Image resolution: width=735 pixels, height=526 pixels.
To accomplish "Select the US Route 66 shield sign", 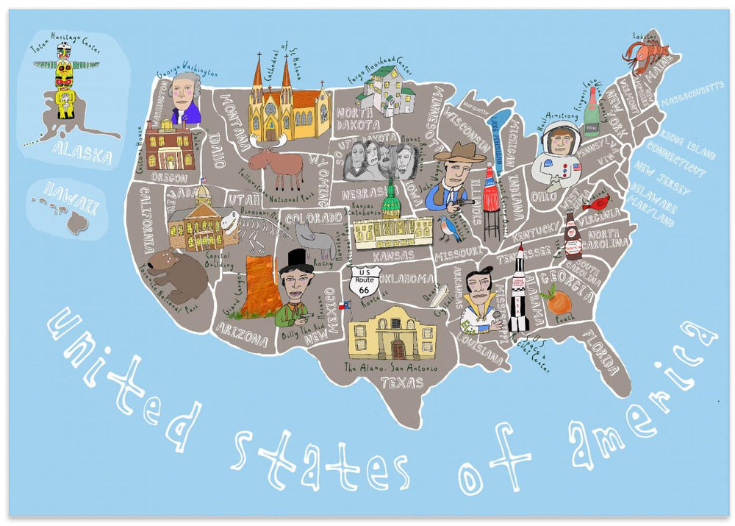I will coord(365,281).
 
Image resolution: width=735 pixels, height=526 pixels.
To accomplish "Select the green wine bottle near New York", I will coord(591,113).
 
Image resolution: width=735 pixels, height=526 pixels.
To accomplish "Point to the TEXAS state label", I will coord(402,383).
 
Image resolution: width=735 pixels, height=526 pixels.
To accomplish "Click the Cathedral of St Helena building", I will coord(285,102).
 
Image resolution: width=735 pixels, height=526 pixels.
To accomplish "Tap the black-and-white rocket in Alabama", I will coord(520,289).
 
